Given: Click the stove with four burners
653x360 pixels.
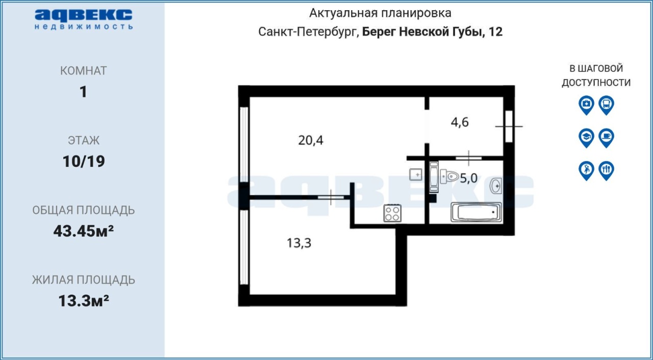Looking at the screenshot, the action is pyautogui.click(x=392, y=214).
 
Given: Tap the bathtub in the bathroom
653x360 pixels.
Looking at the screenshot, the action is pyautogui.click(x=476, y=212).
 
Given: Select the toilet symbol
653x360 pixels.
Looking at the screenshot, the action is pyautogui.click(x=449, y=176).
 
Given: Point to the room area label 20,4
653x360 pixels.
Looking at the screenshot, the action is pyautogui.click(x=311, y=140).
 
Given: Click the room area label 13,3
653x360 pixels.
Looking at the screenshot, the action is pyautogui.click(x=299, y=243).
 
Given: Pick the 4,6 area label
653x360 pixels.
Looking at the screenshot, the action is pyautogui.click(x=460, y=122).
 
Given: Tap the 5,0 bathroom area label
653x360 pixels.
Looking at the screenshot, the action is pyautogui.click(x=469, y=178).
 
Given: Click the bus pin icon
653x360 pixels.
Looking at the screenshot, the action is pyautogui.click(x=607, y=105).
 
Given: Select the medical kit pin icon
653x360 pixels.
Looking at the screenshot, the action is pyautogui.click(x=587, y=105).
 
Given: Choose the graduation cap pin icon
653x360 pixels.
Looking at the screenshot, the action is pyautogui.click(x=587, y=138).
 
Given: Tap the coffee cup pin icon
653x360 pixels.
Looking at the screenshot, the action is pyautogui.click(x=607, y=138).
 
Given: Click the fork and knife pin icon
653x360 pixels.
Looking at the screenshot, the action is pyautogui.click(x=607, y=171).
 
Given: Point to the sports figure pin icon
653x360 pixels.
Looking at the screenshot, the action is pyautogui.click(x=587, y=171).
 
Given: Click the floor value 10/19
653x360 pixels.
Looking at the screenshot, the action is pyautogui.click(x=84, y=161).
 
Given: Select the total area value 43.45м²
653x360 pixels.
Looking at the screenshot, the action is pyautogui.click(x=84, y=231).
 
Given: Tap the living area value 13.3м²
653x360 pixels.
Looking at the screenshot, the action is pyautogui.click(x=84, y=300).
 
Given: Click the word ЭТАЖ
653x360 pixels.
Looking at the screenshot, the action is pyautogui.click(x=84, y=140).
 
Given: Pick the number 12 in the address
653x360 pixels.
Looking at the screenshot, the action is pyautogui.click(x=495, y=32).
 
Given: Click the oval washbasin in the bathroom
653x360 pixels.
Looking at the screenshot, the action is pyautogui.click(x=495, y=186).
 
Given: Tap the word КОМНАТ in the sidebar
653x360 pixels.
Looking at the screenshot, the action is pyautogui.click(x=84, y=71).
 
